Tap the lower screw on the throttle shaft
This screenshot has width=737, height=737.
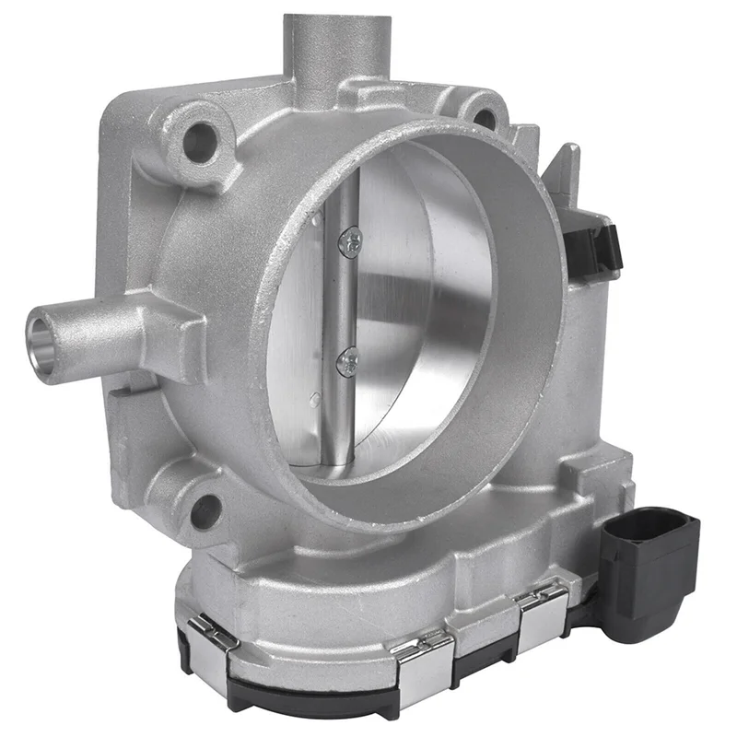348,362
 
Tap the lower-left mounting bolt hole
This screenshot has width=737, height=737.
205,509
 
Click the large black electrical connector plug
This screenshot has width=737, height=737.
649,562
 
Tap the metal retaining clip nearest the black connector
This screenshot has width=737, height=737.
544,612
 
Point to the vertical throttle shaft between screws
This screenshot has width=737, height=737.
344,304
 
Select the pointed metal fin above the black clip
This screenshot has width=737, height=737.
564,175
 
